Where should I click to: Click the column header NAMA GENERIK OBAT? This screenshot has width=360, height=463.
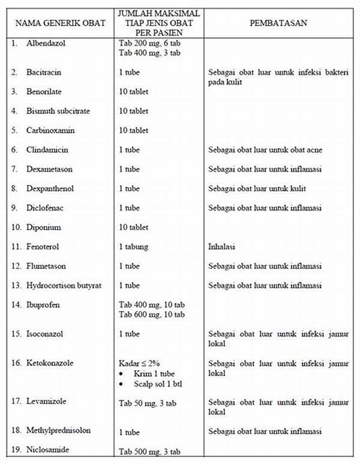(x=60, y=23)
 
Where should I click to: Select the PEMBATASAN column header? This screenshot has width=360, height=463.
(x=278, y=23)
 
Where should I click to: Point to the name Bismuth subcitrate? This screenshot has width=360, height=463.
(x=59, y=111)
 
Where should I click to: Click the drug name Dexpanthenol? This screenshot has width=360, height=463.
(x=50, y=188)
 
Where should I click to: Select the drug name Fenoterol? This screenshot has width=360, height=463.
(x=43, y=246)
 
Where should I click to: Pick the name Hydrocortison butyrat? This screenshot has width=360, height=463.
(x=64, y=285)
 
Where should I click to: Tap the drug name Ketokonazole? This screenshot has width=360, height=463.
(x=50, y=363)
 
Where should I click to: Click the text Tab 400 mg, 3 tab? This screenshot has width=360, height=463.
(x=149, y=53)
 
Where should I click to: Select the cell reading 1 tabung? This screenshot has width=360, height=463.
(x=134, y=246)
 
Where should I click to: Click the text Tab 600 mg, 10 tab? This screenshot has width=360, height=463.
(x=151, y=314)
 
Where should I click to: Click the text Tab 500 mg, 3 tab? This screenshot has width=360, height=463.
(x=149, y=452)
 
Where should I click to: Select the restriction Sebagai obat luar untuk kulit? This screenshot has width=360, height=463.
(x=257, y=188)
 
